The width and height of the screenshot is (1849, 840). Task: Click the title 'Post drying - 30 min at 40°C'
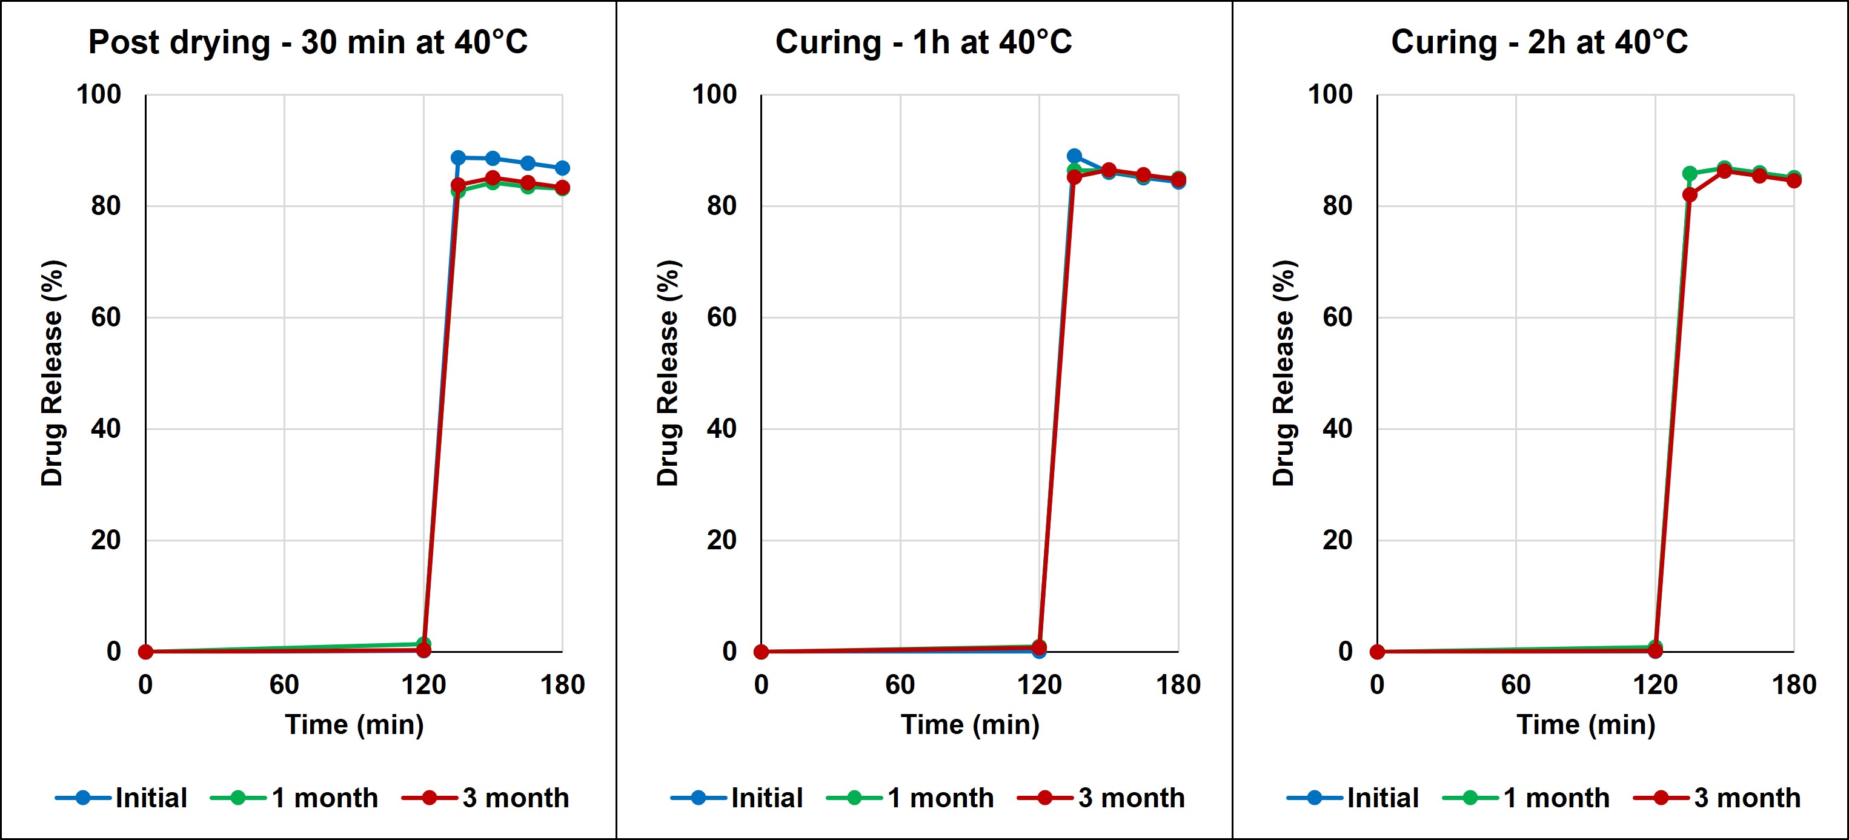[308, 42]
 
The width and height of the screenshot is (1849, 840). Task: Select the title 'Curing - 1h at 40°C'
[923, 42]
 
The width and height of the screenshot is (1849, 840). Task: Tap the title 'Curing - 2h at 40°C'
[1539, 42]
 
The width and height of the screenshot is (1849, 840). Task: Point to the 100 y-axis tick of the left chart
[99, 94]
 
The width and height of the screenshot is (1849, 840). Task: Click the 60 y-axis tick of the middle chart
[722, 317]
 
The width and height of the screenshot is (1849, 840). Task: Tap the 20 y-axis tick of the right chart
[1337, 540]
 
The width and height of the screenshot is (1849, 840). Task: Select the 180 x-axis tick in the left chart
[562, 685]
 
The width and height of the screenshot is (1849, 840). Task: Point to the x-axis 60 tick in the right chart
[1515, 685]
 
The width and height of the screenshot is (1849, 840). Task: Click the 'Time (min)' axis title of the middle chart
[970, 725]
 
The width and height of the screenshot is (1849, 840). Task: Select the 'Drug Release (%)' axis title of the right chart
[1283, 373]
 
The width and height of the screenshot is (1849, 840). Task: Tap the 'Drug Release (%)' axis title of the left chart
[52, 373]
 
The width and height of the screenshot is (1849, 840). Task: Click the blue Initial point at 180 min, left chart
[562, 168]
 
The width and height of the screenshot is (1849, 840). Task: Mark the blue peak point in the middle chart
[1074, 156]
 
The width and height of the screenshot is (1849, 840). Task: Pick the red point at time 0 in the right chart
[1376, 651]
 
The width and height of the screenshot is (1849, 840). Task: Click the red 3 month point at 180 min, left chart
[562, 188]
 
